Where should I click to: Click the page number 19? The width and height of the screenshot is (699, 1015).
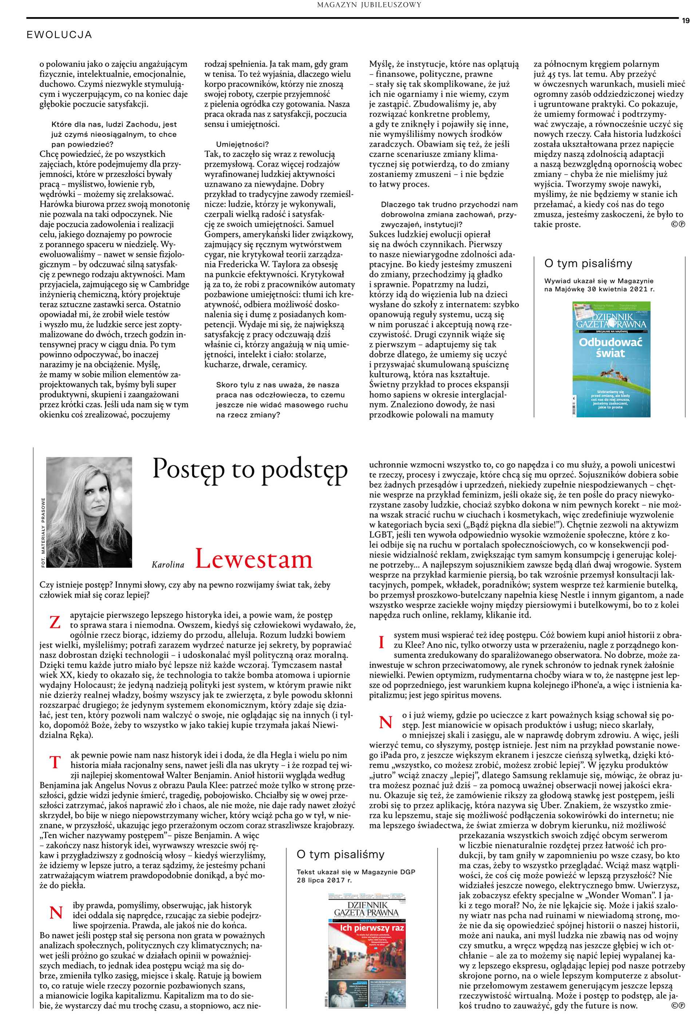tap(686, 21)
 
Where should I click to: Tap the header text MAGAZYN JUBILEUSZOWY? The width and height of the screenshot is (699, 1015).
tap(369, 5)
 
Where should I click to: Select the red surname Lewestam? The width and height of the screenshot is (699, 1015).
tap(254, 560)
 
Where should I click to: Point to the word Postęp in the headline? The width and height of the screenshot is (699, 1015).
tap(188, 469)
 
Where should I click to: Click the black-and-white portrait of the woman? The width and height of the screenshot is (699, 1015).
tap(89, 512)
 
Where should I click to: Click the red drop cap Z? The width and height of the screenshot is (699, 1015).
tap(55, 622)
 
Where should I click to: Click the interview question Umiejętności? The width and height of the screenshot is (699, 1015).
tap(242, 145)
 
